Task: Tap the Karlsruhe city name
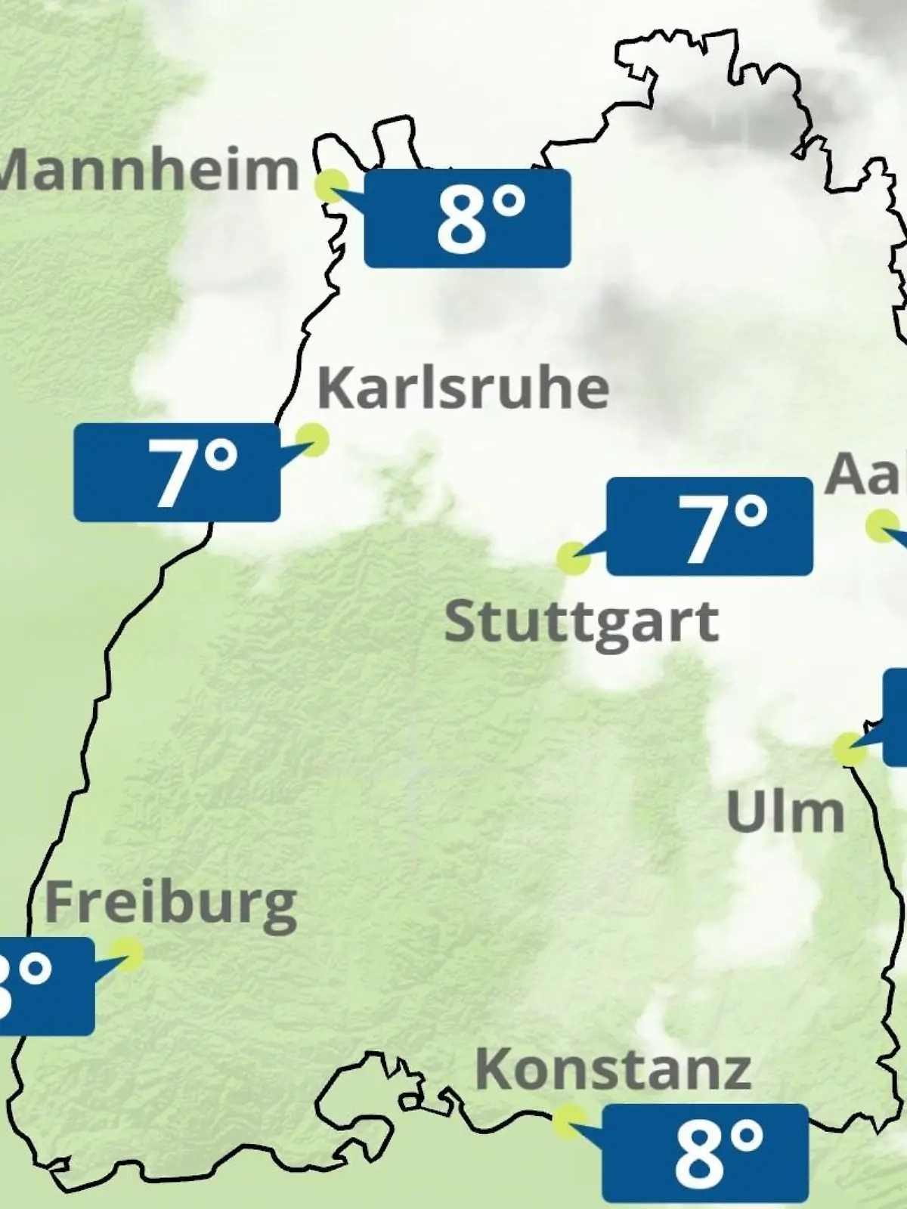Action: tap(463, 388)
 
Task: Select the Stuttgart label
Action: tap(581, 623)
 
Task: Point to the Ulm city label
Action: tap(785, 812)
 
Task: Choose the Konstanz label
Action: tap(613, 1069)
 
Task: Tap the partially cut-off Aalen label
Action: tap(866, 475)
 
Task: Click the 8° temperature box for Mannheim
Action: tap(467, 218)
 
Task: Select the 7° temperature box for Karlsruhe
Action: tap(177, 472)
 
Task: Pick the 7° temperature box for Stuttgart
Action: tap(710, 527)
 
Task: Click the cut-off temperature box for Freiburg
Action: tap(45, 986)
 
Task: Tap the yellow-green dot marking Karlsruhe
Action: tap(311, 438)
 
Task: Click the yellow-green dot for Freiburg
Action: tap(126, 954)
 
